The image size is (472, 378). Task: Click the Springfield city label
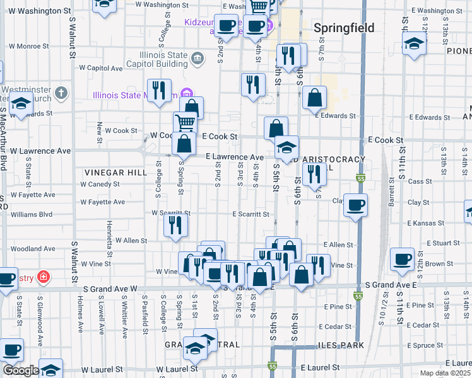344,28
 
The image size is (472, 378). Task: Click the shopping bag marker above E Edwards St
314,98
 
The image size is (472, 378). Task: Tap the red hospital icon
43,277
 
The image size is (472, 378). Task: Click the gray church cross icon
61,94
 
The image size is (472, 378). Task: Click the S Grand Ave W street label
110,289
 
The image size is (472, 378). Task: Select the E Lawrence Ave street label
234,157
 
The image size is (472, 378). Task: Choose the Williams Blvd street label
32,214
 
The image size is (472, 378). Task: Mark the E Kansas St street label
427,224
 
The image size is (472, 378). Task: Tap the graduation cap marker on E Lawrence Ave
286,149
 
